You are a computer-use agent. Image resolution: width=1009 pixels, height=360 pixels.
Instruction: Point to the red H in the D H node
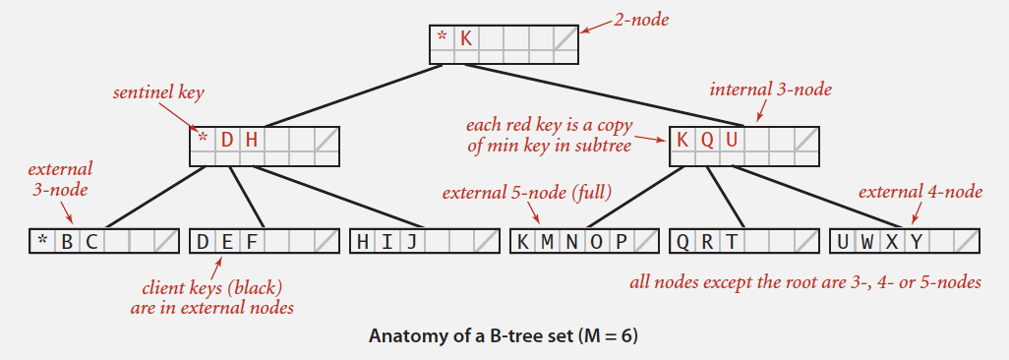(252, 140)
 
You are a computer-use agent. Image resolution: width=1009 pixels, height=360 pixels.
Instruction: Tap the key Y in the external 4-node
(916, 242)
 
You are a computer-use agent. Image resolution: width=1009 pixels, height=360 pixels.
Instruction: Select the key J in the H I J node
(413, 242)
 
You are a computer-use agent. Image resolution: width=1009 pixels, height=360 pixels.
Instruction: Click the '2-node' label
(636, 17)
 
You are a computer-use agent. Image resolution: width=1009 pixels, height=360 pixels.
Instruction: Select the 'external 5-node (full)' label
(527, 193)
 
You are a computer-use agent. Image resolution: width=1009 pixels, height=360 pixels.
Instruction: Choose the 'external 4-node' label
(920, 192)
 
